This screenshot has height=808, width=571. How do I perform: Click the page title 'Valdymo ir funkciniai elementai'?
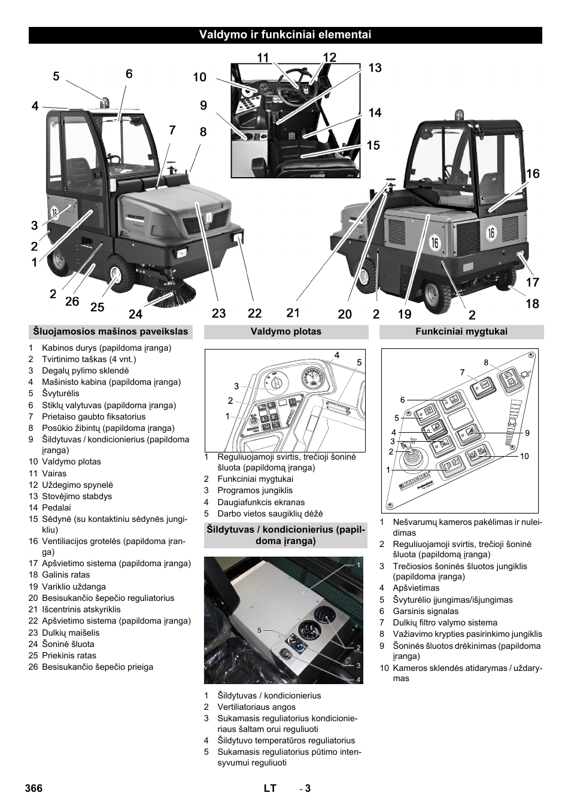(285, 35)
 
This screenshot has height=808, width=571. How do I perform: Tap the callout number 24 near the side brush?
(135, 314)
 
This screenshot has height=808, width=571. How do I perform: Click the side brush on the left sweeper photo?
(173, 293)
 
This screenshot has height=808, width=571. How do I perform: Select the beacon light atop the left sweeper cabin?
(105, 103)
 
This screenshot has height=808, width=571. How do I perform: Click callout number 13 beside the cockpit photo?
(375, 68)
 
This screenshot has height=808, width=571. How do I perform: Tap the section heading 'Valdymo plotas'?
(286, 332)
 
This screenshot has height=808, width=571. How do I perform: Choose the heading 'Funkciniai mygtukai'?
(461, 332)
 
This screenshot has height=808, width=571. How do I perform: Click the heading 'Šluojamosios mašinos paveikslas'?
(111, 332)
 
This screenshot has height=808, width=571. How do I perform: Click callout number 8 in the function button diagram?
(486, 362)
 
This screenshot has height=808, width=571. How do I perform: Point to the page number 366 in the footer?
(34, 788)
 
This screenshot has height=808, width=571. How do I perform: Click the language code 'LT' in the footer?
(270, 788)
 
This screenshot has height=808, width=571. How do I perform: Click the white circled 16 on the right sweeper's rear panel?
(491, 232)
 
